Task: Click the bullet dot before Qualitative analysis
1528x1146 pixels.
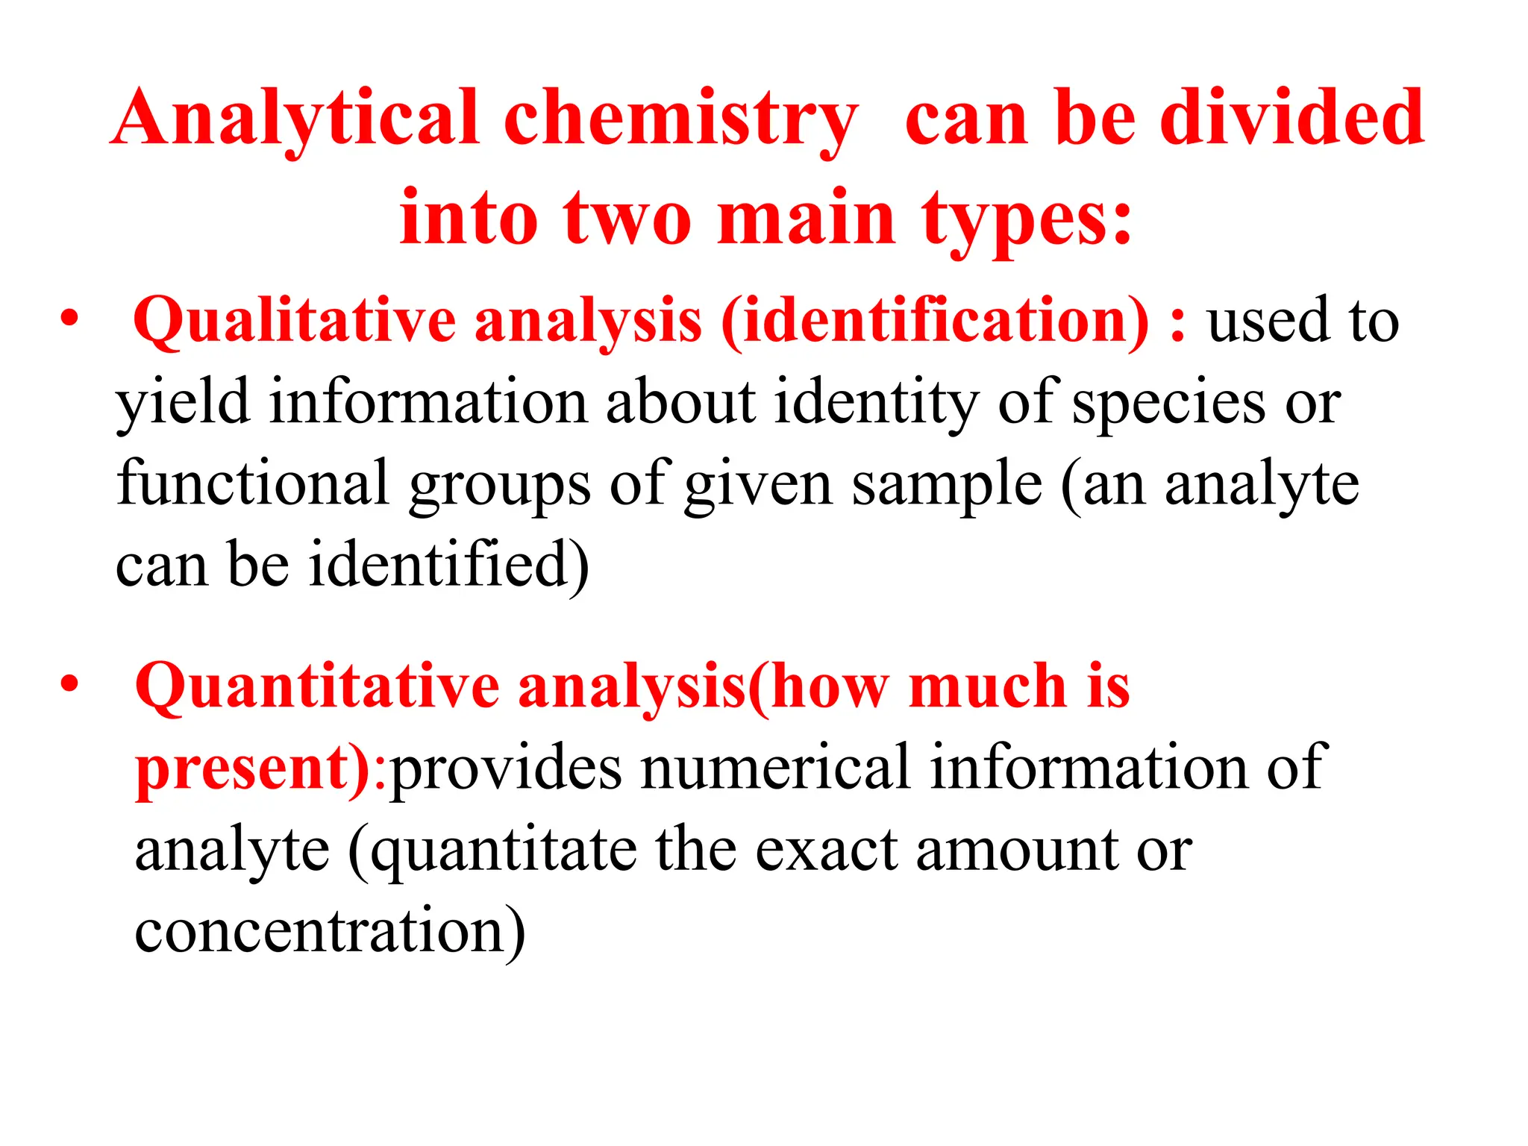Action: [x=69, y=319]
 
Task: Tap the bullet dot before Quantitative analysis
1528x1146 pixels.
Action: [x=69, y=683]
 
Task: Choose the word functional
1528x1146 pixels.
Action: [x=252, y=483]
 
